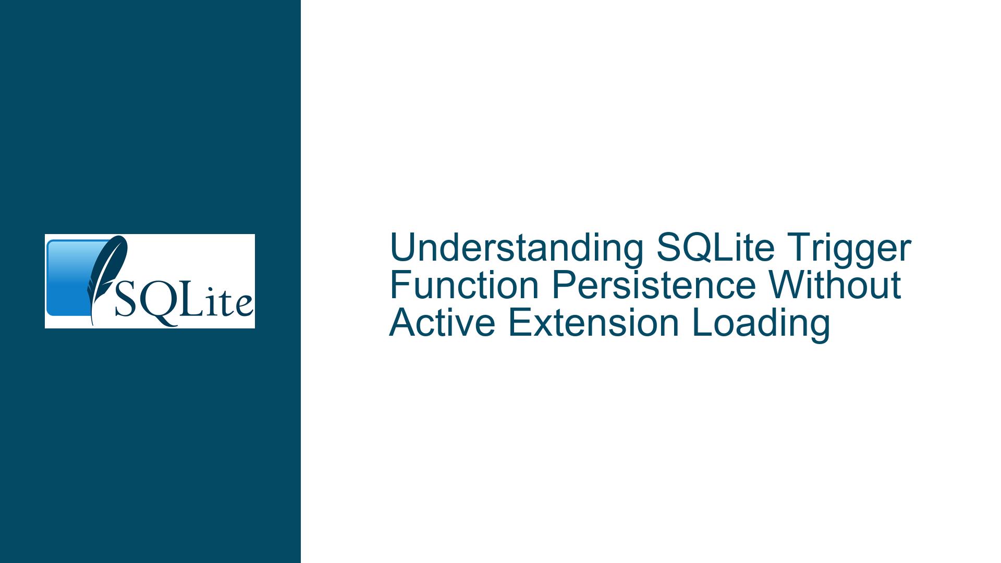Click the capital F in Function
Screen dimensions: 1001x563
click(401, 285)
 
